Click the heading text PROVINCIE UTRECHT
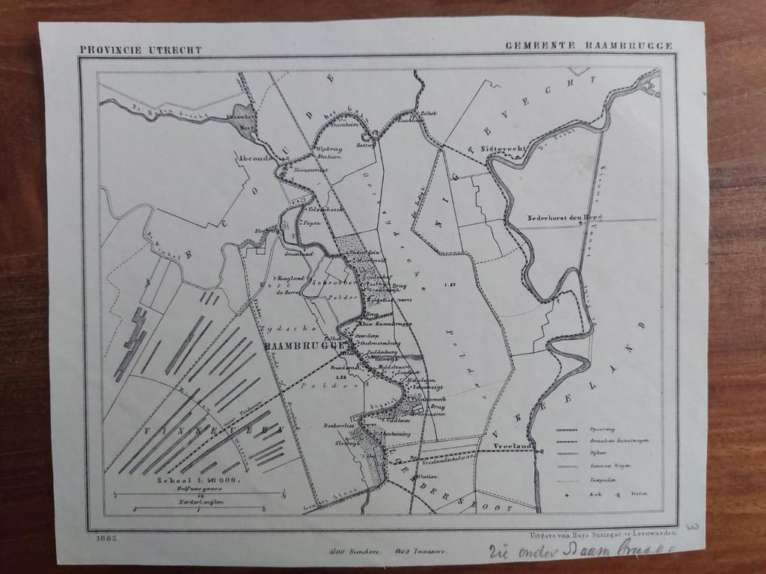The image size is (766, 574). pos(141,49)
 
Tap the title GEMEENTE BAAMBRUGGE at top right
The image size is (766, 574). pos(588,46)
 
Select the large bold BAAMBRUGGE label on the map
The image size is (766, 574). pos(302,347)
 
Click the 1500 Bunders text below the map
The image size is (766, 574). pos(355,552)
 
